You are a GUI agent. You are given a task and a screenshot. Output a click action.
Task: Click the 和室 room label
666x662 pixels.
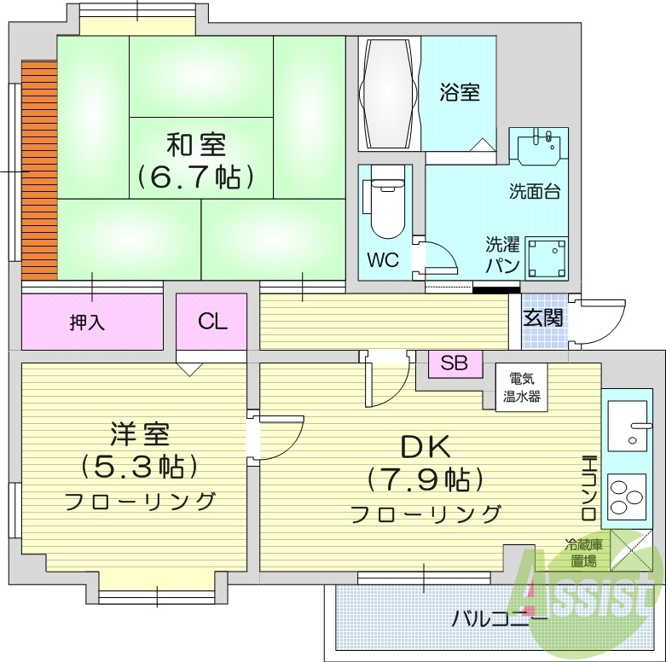point(196,143)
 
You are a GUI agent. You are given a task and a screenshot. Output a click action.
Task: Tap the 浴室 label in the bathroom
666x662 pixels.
point(459,92)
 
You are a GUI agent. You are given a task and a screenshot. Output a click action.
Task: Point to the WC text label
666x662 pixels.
point(383,261)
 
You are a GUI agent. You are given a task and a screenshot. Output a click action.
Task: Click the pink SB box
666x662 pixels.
point(455,363)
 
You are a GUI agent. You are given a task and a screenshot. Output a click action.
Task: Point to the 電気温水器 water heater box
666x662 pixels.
point(519,388)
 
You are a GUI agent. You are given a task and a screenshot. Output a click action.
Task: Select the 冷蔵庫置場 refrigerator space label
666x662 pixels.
point(584,552)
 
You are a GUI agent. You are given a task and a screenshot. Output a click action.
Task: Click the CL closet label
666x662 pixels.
point(212,321)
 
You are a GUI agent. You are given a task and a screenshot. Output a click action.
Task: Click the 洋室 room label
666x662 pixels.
point(140,435)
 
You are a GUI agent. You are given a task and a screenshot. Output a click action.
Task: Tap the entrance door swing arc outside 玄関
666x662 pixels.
point(601,321)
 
